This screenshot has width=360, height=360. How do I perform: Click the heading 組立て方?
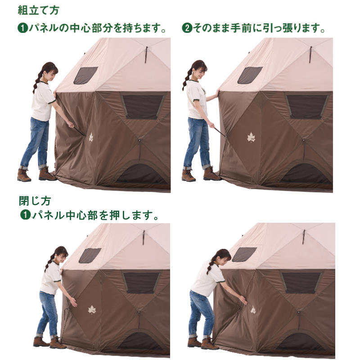click(39, 10)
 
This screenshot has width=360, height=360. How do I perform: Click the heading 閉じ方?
click(35, 201)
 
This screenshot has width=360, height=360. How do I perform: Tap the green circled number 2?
click(187, 28)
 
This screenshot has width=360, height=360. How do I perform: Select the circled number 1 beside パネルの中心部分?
click(23, 28)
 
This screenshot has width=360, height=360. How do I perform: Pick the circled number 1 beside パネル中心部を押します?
click(25, 215)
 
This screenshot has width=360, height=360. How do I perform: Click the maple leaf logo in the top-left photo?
click(91, 137)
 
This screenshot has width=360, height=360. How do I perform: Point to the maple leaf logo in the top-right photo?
click(251, 138)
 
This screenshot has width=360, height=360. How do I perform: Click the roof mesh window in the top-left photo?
click(85, 75)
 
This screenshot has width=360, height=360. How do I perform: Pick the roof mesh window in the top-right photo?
click(250, 75)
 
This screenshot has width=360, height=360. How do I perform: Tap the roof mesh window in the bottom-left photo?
click(90, 255)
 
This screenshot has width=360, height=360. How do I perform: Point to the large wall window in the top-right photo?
click(307, 107)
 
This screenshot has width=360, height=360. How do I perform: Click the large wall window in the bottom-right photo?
click(301, 283)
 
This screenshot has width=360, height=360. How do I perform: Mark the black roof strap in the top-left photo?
click(146, 54)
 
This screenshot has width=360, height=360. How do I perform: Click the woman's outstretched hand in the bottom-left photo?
click(73, 301)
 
